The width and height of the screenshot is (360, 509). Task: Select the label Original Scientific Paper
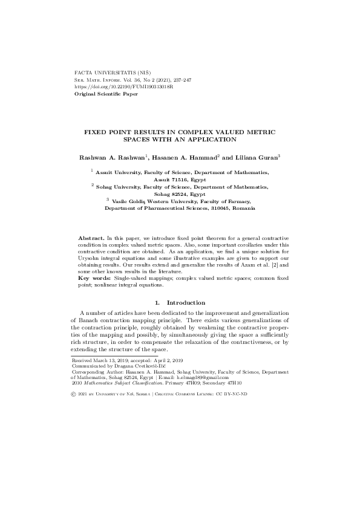click(x=105, y=94)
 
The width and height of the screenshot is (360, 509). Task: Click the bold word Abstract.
click(x=91, y=240)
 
